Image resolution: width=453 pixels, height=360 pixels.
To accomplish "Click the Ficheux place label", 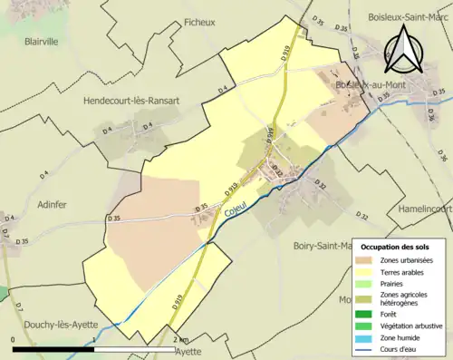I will (198, 23).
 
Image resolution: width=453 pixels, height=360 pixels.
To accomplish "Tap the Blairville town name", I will (42, 41).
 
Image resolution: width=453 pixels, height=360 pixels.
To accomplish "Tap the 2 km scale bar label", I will (182, 340).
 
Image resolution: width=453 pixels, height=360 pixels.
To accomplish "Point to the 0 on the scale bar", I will (14, 340).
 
